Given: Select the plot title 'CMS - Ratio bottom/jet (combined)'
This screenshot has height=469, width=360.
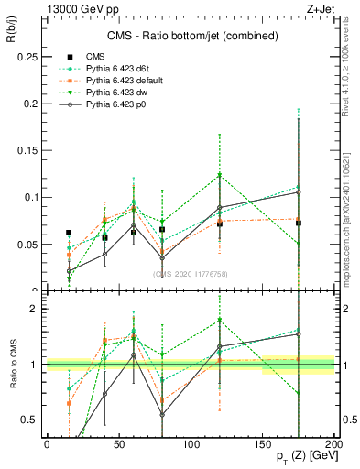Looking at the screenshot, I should point(188,37).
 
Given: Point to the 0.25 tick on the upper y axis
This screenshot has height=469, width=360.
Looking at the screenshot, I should point(27,57).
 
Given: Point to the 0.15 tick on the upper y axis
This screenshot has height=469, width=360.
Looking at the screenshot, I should point(27,151).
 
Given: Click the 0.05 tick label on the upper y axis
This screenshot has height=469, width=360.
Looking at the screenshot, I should point(27,245).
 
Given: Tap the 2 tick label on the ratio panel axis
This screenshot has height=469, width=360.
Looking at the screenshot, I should point(35,310).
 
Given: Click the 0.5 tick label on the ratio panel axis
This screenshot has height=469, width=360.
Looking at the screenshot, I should point(30,420).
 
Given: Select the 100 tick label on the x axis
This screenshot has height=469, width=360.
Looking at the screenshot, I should point(190,443).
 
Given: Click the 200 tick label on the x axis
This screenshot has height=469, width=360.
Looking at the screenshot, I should point(333,443).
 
